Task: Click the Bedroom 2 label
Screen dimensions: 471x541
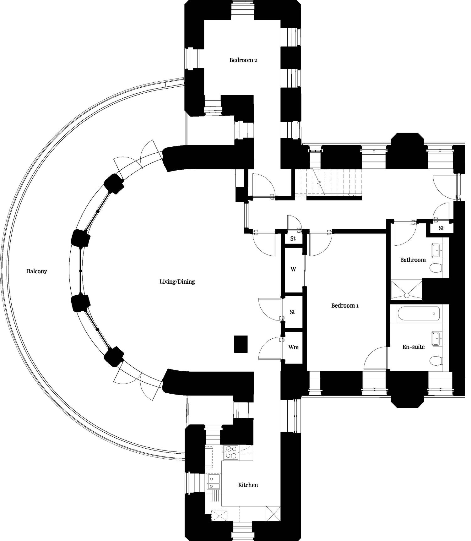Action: click(243, 60)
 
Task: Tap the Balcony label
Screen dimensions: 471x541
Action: click(37, 271)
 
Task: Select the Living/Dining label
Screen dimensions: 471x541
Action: click(177, 281)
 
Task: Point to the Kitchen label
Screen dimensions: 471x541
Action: click(248, 485)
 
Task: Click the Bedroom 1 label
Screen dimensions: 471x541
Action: click(345, 305)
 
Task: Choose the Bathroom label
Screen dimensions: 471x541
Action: click(413, 260)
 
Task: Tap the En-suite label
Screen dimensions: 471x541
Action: click(413, 347)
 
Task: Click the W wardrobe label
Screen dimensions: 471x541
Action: click(293, 269)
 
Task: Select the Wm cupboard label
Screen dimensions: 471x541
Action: click(293, 347)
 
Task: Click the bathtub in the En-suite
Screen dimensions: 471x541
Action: click(419, 313)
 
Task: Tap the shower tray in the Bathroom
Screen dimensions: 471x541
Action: click(407, 290)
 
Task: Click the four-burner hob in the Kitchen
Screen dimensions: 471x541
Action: click(231, 453)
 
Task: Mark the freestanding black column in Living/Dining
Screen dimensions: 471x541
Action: click(241, 344)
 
